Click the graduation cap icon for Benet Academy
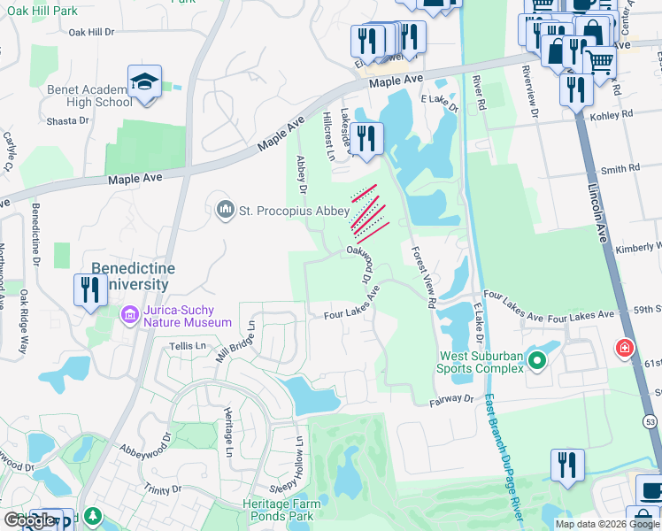[143, 81]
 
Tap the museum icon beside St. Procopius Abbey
[225, 210]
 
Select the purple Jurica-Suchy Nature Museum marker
[129, 315]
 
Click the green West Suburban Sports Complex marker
[535, 359]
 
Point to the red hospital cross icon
[626, 349]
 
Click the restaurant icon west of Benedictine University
[89, 289]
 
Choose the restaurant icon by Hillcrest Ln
[365, 137]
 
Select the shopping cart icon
[601, 60]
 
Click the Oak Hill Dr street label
[104, 32]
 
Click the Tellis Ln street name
[187, 345]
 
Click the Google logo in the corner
[30, 520]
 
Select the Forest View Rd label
[423, 277]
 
